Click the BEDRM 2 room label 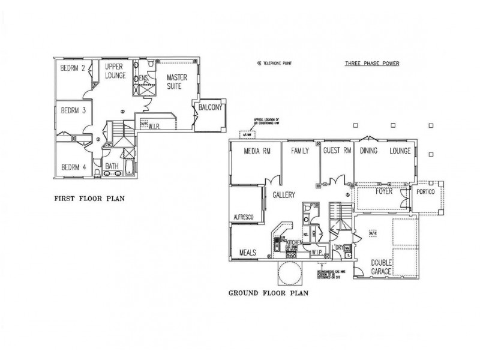click(72, 68)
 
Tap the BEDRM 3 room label click(73, 110)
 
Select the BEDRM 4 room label click(73, 167)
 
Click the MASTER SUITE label click(177, 82)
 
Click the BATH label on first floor click(112, 166)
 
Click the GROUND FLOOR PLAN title click(269, 293)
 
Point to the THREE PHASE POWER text click(371, 63)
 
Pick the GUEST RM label click(337, 151)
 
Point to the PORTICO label click(426, 193)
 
